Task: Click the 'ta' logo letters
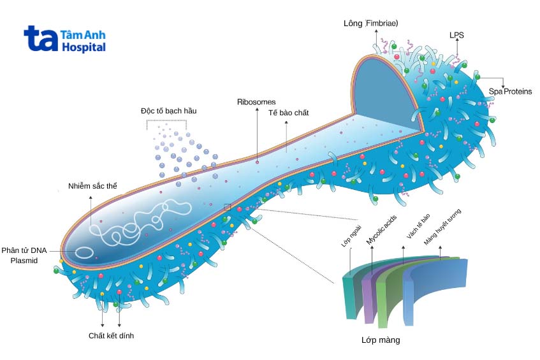click(40, 39)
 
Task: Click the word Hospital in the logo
click(84, 48)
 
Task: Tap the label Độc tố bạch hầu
click(168, 110)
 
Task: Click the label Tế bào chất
click(288, 113)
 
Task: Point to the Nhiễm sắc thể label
click(93, 187)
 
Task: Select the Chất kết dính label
click(111, 335)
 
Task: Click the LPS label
click(457, 36)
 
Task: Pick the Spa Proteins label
click(510, 92)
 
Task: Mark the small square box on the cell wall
click(228, 206)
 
